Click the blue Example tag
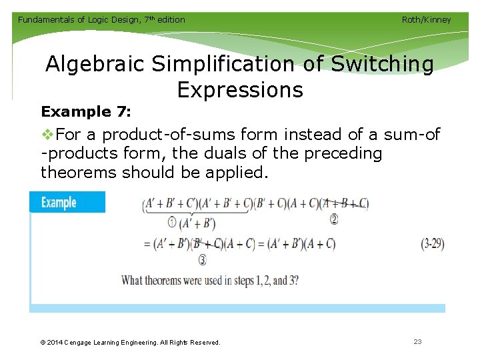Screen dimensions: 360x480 click(67, 202)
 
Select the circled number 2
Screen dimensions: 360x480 click(334, 218)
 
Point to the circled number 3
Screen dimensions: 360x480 click(202, 260)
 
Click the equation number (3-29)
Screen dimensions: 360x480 click(433, 244)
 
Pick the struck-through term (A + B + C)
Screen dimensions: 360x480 click(345, 204)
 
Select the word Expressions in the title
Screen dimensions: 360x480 click(240, 89)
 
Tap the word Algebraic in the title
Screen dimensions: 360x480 click(95, 64)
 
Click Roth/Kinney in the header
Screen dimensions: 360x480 click(426, 19)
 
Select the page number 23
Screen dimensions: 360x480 click(417, 342)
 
